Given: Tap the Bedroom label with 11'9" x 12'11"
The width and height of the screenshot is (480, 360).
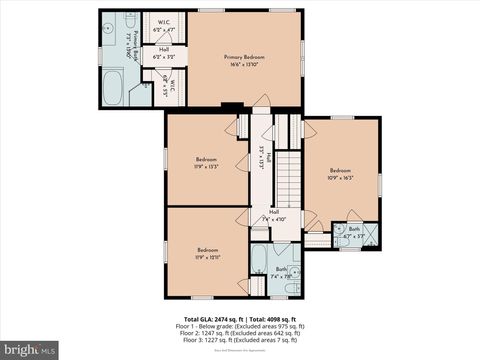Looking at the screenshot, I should coord(207,253).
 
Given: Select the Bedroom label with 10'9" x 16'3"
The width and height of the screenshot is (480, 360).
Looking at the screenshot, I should coord(341,174).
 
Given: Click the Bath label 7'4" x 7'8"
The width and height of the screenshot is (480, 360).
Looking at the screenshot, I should coord(281,272).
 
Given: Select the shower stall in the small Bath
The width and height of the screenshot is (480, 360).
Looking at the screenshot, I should coord(371,233).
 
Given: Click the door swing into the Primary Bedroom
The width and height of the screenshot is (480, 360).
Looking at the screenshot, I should coord(262,103).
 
